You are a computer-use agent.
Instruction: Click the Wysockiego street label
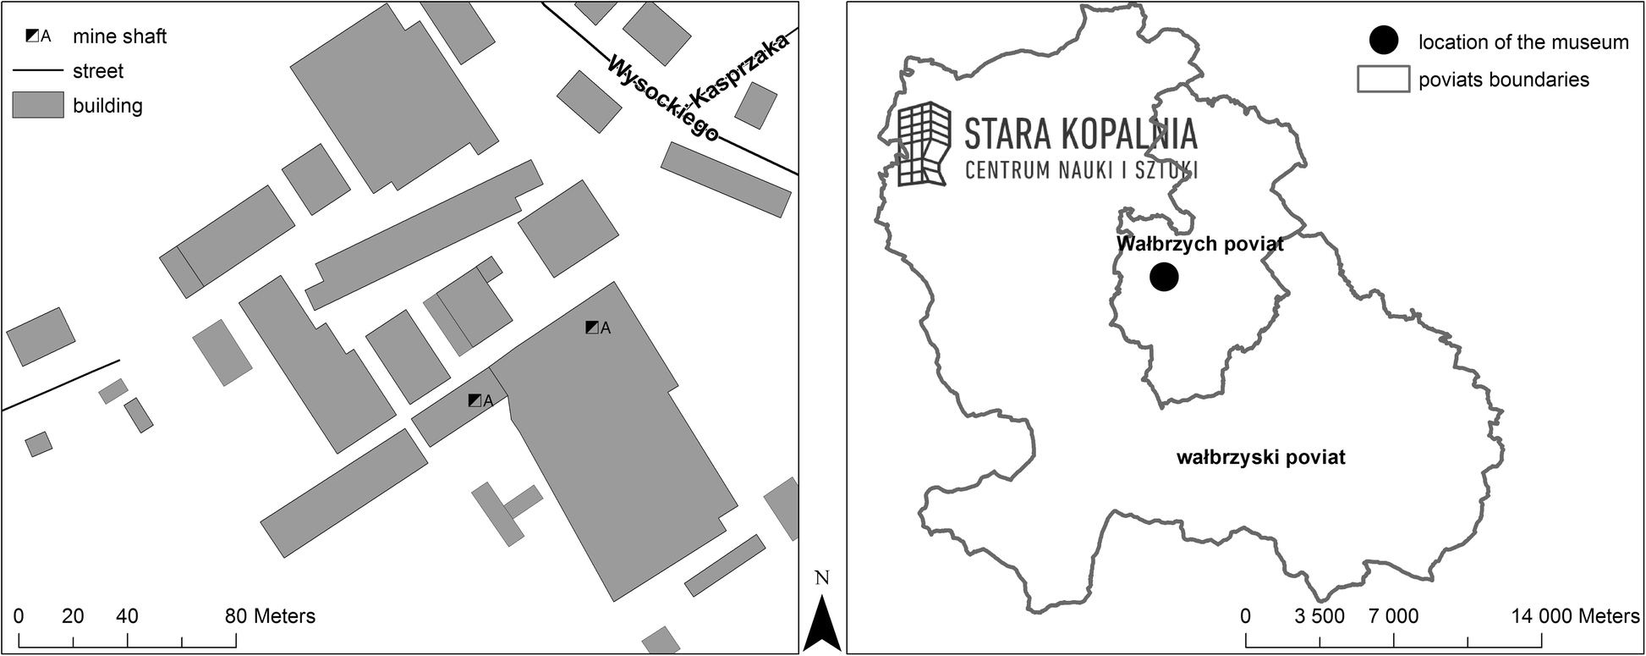pos(664,100)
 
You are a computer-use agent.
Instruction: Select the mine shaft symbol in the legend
pos(33,36)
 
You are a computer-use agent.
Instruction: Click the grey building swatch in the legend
pos(37,105)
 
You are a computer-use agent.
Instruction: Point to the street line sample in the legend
pos(37,70)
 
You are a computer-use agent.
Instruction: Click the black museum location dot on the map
pos(1164,276)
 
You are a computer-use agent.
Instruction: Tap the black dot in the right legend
pos(1385,41)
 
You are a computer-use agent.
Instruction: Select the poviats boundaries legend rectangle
pos(1383,79)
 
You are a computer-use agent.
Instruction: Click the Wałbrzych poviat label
pos(1199,245)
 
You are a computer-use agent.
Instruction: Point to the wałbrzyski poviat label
pos(1260,458)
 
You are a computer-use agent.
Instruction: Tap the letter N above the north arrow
pos(821,578)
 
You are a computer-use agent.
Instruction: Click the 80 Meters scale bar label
pos(270,616)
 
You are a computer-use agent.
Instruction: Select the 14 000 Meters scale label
pos(1576,616)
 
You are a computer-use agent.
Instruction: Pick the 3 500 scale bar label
pos(1320,616)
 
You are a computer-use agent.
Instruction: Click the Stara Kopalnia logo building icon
pos(924,143)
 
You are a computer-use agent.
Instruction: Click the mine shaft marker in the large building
pos(592,328)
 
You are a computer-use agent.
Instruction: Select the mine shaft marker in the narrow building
pos(475,400)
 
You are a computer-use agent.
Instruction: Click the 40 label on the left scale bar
pos(127,616)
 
